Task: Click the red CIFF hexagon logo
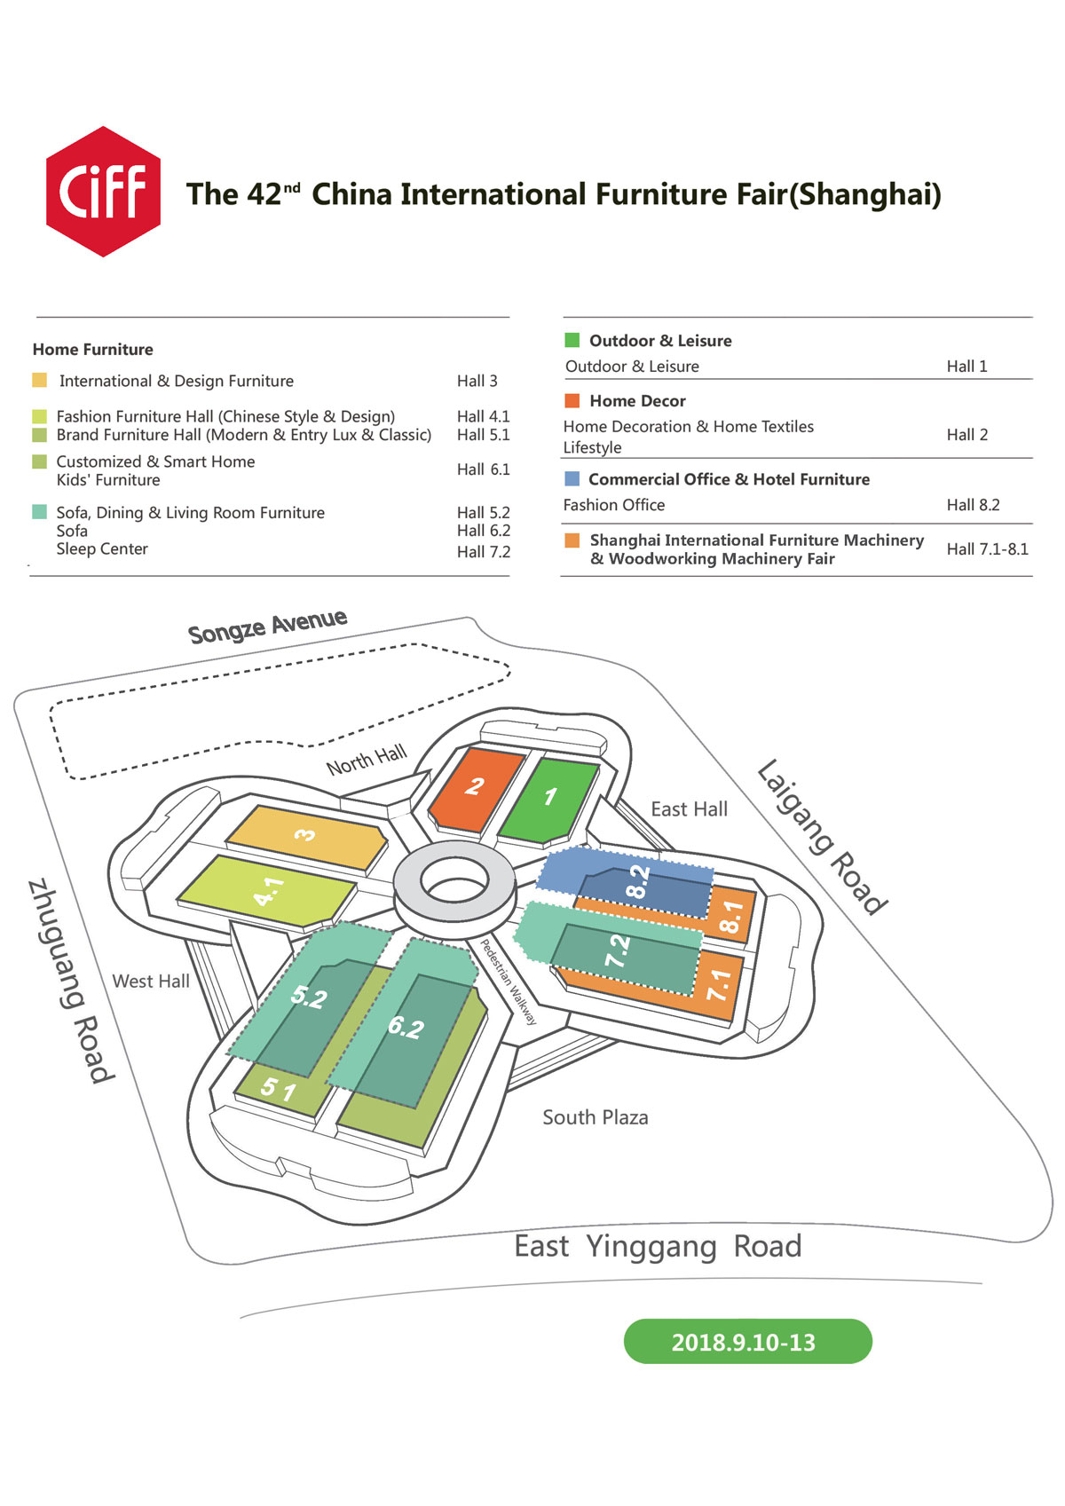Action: coord(103,191)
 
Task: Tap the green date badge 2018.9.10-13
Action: coord(747,1341)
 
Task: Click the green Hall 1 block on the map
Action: coord(548,800)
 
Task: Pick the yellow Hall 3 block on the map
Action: coord(306,837)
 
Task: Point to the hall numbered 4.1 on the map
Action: coord(268,892)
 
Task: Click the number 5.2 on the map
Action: coord(309,997)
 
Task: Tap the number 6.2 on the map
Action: coord(406,1028)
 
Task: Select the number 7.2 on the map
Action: coord(617,950)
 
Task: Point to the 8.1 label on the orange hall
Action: coord(730,917)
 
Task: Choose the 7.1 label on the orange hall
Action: coord(719,984)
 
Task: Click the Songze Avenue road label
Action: coord(268,626)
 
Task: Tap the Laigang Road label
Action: coord(823,836)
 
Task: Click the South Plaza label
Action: coord(595,1117)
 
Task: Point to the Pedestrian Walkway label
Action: coord(509,982)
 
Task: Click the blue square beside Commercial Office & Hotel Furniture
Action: coord(572,478)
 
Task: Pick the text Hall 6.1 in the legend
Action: coord(483,469)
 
